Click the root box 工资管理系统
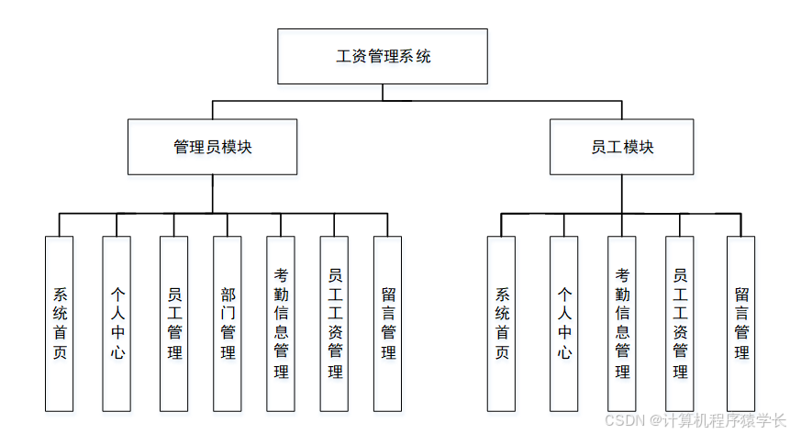pos(383,57)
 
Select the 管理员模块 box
pos(212,147)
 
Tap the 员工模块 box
pos(621,147)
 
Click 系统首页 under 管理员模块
pos(60,323)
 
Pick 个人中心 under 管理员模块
pos(117,323)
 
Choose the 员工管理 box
pos(173,323)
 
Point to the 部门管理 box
pos(228,323)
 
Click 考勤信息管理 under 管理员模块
pos(281,323)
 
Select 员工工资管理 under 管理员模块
pos(335,323)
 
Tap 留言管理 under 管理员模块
pos(388,323)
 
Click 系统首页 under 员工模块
pos(502,323)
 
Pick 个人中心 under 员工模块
pos(564,323)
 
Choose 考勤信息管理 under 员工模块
pos(622,323)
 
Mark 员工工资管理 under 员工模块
pos(680,323)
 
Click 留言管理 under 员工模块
pos(741,323)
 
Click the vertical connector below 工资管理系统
pos(383,92)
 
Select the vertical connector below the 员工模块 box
pos(621,194)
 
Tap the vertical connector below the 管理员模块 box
pos(212,194)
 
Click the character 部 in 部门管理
pos(228,295)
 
